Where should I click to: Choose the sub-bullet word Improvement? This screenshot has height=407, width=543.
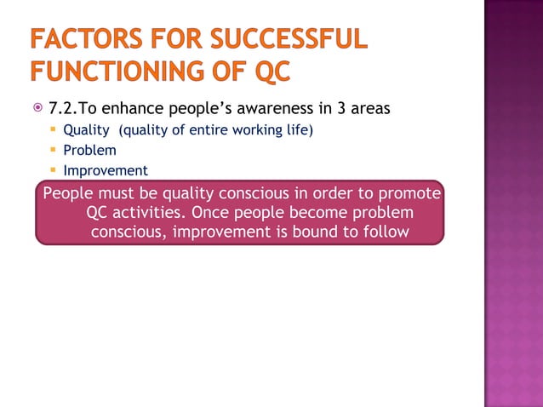[106, 170]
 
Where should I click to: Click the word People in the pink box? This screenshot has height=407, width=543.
[68, 193]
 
